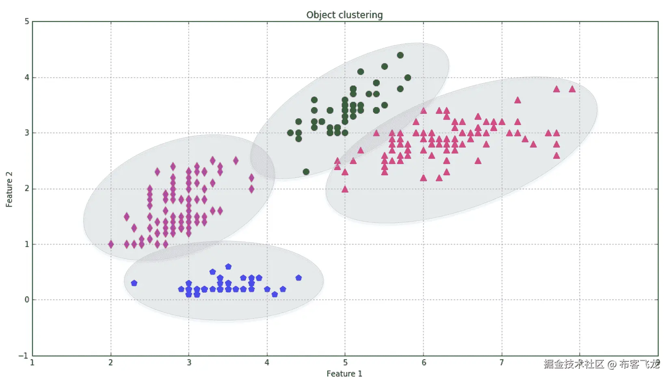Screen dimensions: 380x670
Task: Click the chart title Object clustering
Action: tap(344, 15)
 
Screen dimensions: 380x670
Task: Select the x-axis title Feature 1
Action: tap(344, 374)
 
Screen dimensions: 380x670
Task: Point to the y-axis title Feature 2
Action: tap(9, 189)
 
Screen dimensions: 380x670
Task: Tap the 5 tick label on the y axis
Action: tap(27, 21)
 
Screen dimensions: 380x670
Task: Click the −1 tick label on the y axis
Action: tap(24, 356)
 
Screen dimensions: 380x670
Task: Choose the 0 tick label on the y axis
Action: tap(27, 300)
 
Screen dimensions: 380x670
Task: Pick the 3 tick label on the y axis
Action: tap(27, 133)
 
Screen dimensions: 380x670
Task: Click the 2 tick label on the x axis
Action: tap(110, 363)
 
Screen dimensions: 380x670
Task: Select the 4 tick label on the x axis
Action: tap(267, 363)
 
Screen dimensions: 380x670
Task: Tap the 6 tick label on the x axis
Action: tap(424, 363)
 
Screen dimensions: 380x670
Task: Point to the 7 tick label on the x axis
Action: tap(501, 363)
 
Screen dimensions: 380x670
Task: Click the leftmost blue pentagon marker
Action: tap(134, 283)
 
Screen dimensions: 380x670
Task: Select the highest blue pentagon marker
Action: tap(228, 267)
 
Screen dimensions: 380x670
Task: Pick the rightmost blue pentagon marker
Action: tap(298, 278)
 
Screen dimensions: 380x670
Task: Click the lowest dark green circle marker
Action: tap(306, 172)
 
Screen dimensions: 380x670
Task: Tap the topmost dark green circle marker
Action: tap(400, 55)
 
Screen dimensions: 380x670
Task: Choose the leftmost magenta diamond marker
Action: tap(111, 244)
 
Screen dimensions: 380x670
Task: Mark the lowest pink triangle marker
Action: tap(345, 189)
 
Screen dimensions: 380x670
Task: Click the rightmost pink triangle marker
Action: tap(572, 89)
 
